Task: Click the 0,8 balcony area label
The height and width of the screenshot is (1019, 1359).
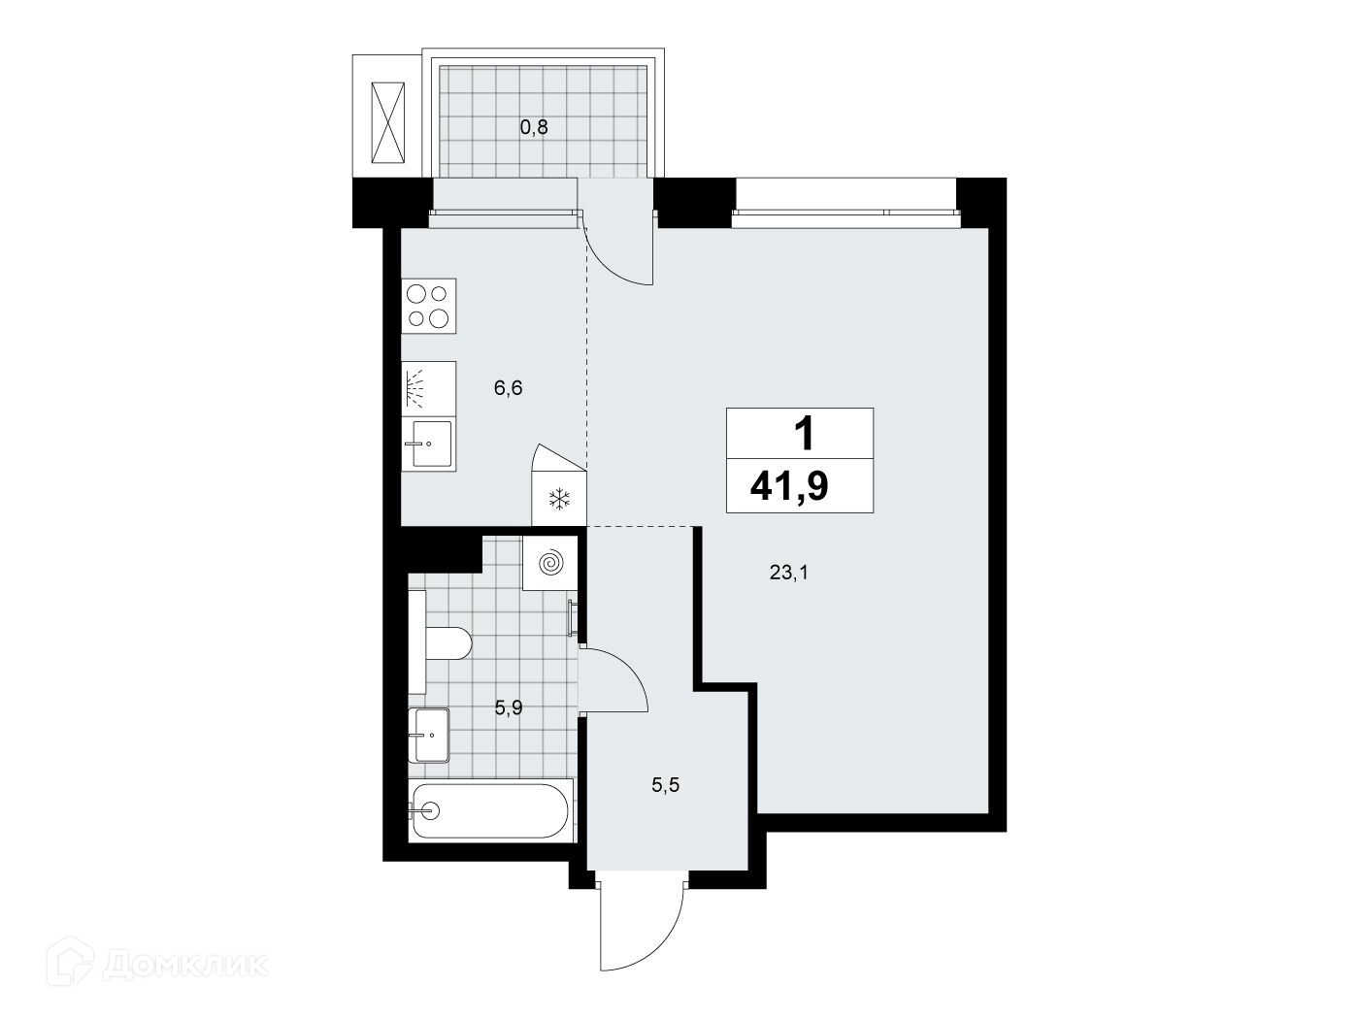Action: pyautogui.click(x=534, y=127)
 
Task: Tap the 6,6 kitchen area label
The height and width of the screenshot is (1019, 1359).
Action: pyautogui.click(x=508, y=388)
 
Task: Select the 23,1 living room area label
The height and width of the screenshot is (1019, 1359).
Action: pyautogui.click(x=789, y=573)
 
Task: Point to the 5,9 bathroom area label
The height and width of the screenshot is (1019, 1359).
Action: pyautogui.click(x=509, y=707)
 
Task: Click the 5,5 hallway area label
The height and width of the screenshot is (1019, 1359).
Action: pyautogui.click(x=666, y=785)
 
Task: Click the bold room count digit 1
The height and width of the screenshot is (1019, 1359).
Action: pyautogui.click(x=804, y=434)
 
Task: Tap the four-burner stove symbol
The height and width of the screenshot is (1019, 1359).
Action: pyautogui.click(x=428, y=306)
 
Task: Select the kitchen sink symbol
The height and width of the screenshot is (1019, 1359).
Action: pyautogui.click(x=428, y=444)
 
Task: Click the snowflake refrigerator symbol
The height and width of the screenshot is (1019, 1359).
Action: pyautogui.click(x=560, y=499)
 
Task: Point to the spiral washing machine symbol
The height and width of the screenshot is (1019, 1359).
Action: pyautogui.click(x=549, y=564)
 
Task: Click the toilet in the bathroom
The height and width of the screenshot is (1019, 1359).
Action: pyautogui.click(x=440, y=642)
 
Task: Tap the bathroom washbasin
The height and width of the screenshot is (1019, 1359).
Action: pyautogui.click(x=428, y=735)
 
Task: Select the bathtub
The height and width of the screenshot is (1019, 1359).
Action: pyautogui.click(x=490, y=810)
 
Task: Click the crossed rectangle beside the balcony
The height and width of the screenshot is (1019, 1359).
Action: pyautogui.click(x=387, y=123)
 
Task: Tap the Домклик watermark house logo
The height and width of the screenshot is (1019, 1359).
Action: pyautogui.click(x=70, y=965)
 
